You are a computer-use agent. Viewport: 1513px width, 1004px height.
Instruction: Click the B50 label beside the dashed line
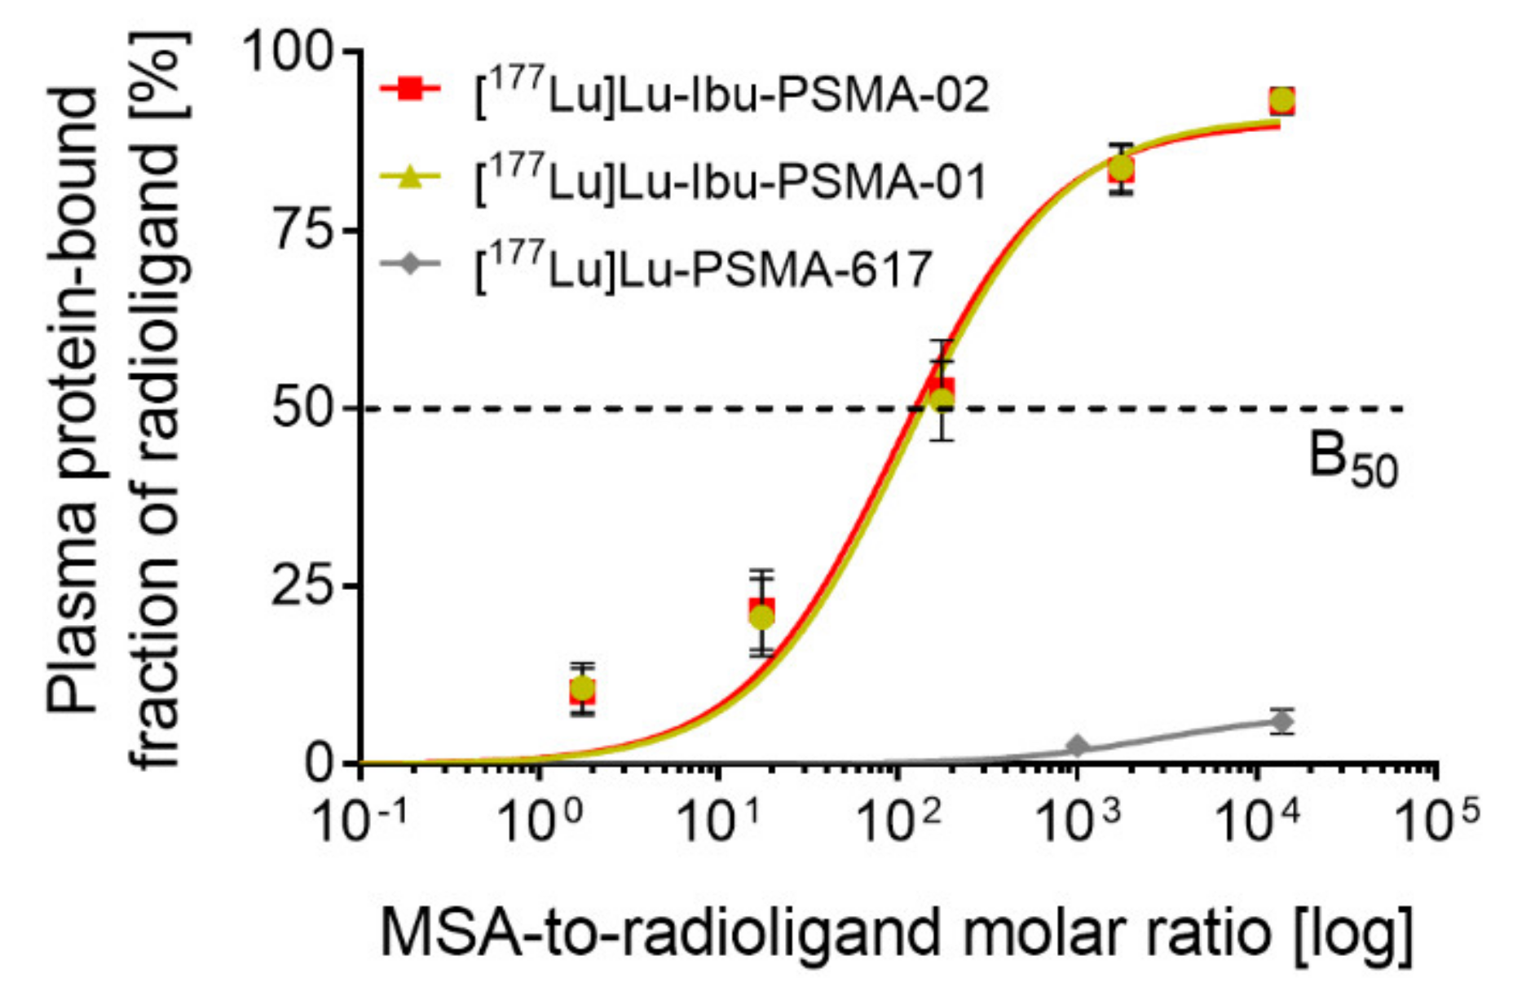tap(1352, 460)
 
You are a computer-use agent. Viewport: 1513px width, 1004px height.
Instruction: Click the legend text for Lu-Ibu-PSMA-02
tap(730, 95)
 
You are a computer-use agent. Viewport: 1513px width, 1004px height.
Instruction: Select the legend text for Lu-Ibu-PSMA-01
tap(730, 181)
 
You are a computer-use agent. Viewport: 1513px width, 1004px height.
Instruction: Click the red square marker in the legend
tap(411, 89)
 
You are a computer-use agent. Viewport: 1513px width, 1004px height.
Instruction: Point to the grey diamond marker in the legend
tap(411, 264)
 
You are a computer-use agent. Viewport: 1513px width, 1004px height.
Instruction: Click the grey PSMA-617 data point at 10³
tap(1077, 746)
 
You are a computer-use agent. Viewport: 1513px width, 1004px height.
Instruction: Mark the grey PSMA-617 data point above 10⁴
tap(1281, 721)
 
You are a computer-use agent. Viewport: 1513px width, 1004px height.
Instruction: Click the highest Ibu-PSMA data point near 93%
tap(1281, 101)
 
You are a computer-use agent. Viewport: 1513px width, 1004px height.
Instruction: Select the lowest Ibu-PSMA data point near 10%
tap(582, 689)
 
